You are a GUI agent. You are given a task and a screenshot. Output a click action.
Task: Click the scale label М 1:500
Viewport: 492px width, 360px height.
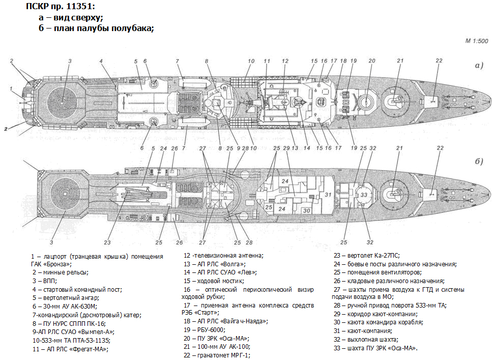(x=476, y=41)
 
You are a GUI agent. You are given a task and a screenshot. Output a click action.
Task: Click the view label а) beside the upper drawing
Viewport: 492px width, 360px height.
(x=478, y=66)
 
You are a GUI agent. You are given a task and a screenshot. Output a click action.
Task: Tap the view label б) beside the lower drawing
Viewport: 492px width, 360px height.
(x=478, y=161)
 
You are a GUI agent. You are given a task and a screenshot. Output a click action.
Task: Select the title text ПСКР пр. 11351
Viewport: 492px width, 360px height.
(x=61, y=7)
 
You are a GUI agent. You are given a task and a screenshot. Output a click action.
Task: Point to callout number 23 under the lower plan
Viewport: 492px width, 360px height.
(x=107, y=242)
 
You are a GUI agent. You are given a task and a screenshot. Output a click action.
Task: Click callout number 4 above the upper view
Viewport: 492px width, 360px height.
(x=102, y=61)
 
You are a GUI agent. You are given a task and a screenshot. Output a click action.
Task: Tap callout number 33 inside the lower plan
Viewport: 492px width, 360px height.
(x=363, y=195)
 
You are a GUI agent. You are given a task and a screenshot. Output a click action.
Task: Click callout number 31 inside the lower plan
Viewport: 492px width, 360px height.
(x=328, y=195)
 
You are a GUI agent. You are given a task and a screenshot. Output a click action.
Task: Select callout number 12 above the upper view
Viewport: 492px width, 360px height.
(x=285, y=61)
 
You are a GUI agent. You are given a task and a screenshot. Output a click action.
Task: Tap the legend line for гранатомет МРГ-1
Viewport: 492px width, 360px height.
(x=217, y=355)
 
